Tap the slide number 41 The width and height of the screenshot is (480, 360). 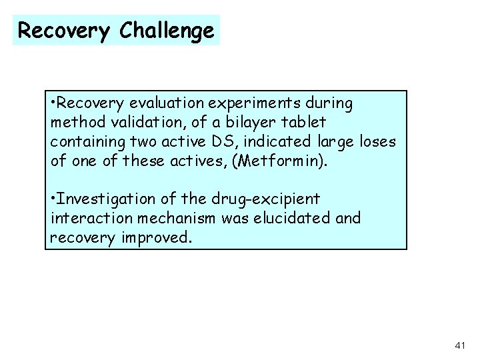459,344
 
